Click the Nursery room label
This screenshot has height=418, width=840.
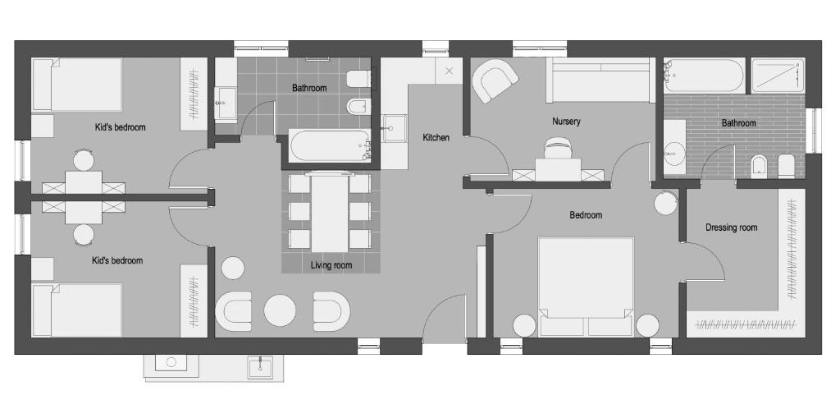click(x=566, y=122)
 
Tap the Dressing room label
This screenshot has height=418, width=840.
click(x=731, y=227)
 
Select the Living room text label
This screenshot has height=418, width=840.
click(x=331, y=265)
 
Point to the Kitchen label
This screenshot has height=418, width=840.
click(x=436, y=138)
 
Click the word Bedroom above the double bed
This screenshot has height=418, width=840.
click(x=586, y=215)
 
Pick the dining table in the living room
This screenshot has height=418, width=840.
click(x=330, y=212)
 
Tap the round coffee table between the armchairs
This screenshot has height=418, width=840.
click(x=280, y=310)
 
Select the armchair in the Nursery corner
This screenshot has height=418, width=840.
click(x=495, y=80)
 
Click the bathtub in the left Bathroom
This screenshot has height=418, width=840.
click(x=330, y=145)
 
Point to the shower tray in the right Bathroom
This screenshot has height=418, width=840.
click(x=778, y=76)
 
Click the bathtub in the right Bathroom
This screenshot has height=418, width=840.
click(x=704, y=76)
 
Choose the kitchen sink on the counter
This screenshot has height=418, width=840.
click(x=395, y=129)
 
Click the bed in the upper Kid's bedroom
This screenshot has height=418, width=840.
click(x=77, y=85)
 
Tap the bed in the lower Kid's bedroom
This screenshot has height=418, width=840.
click(x=77, y=310)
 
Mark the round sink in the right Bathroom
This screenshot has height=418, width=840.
click(x=674, y=154)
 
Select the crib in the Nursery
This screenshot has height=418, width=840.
click(x=600, y=80)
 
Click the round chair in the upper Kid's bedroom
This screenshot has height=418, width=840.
click(x=84, y=160)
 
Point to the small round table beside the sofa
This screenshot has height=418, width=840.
click(x=233, y=268)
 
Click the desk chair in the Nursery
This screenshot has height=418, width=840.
click(x=558, y=148)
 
